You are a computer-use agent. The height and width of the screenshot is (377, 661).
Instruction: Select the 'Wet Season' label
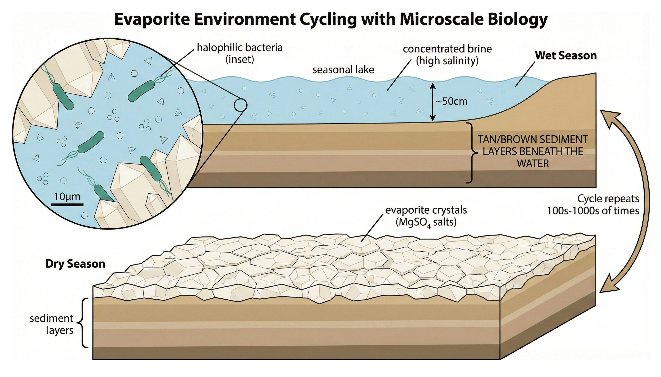566,55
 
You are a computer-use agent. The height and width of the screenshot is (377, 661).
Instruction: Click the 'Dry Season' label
75,264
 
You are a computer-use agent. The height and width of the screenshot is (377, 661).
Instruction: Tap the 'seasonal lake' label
343,70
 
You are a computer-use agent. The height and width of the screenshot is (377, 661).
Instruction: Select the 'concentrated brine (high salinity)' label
447,55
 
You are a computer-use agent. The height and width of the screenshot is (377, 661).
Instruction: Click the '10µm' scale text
67,196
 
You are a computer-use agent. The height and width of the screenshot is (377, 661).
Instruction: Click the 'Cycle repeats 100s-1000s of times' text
593,205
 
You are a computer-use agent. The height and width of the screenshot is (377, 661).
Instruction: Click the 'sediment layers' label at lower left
52,324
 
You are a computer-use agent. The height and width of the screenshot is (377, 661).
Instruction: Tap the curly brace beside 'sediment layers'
83,323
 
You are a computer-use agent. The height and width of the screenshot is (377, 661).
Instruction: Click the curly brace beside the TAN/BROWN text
471,153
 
